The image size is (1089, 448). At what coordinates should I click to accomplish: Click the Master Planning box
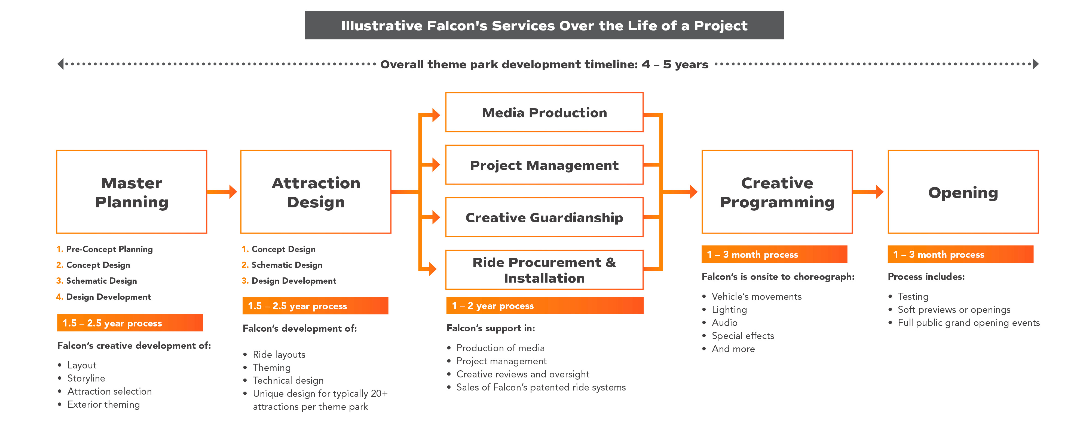coord(131,192)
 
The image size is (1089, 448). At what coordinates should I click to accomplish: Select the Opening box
coord(963,192)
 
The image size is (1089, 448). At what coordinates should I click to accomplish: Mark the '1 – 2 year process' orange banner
coord(544,305)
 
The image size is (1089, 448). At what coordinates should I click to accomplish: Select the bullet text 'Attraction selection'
coord(109,391)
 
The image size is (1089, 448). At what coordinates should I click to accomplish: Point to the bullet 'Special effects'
coord(743,335)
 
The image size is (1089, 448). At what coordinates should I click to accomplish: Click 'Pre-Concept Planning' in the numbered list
coord(109,249)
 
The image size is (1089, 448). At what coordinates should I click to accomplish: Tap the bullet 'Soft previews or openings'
coord(954,310)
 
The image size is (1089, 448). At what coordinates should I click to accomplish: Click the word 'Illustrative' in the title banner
coord(381,26)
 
